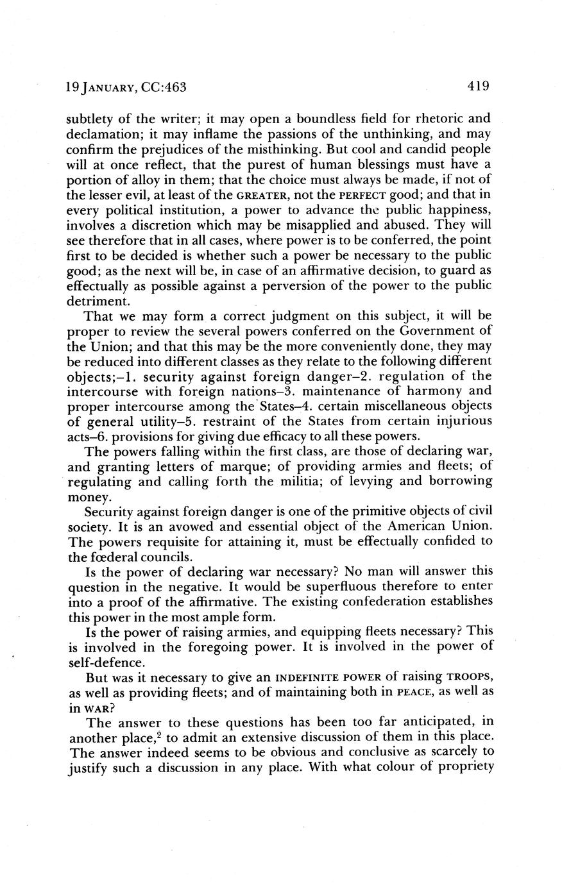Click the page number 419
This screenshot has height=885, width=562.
[x=479, y=86]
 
